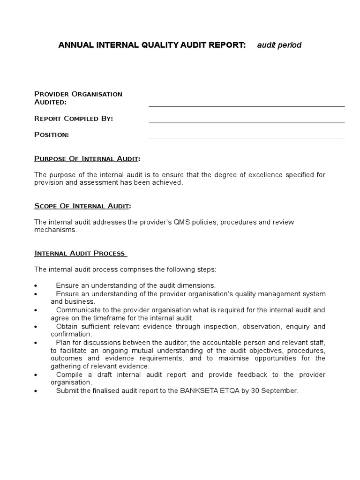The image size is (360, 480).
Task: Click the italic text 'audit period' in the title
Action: point(279,45)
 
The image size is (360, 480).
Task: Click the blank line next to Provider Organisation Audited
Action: point(247,106)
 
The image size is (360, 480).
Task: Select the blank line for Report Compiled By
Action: point(247,122)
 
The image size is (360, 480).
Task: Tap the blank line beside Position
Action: point(247,139)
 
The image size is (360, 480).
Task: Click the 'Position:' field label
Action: point(52,135)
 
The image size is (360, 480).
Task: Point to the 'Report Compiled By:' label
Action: point(74,119)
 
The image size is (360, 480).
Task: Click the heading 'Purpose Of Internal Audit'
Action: point(87,158)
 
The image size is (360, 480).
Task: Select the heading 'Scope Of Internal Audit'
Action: point(82,206)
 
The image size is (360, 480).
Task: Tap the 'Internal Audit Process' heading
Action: point(80,254)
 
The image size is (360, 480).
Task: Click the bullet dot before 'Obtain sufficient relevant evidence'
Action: point(36,327)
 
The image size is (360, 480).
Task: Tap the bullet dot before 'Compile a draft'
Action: point(36,375)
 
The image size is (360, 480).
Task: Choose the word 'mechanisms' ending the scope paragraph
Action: point(54,230)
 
